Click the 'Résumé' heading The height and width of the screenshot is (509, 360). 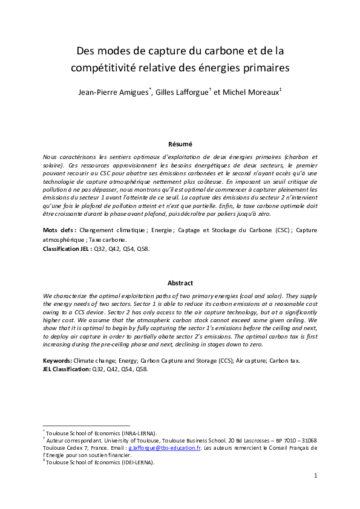pyautogui.click(x=180, y=144)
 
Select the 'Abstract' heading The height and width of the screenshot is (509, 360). pyautogui.click(x=180, y=283)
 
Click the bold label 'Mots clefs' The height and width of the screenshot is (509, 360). pyautogui.click(x=59, y=230)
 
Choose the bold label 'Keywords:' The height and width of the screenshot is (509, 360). pyautogui.click(x=58, y=360)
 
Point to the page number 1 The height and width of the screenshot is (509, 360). pyautogui.click(x=315, y=476)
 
